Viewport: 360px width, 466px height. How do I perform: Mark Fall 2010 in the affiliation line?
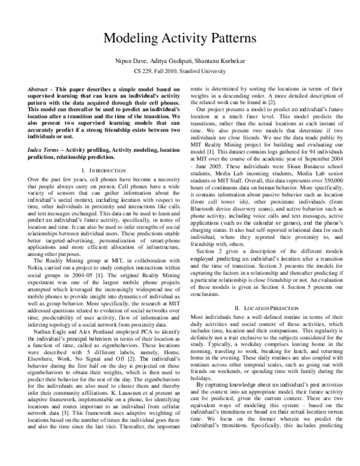pyautogui.click(x=169, y=70)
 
